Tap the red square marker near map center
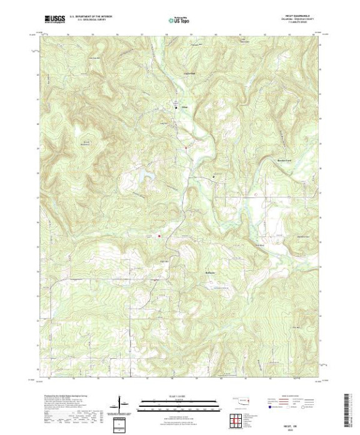[x=159, y=236]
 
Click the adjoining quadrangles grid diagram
[x=236, y=421]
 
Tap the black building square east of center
[x=215, y=177]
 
